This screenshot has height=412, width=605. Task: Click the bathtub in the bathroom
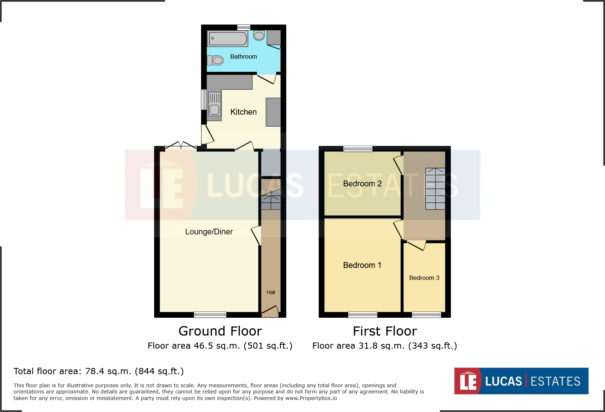point(228,39)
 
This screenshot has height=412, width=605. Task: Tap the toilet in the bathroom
point(215,60)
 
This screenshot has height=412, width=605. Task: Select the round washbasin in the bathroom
point(259,36)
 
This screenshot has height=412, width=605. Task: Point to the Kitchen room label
point(243,112)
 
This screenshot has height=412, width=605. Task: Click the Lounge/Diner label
point(209,232)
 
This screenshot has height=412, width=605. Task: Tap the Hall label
point(271,292)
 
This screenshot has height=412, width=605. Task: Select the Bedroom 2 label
point(362,183)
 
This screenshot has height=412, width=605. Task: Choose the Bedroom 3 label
point(424,278)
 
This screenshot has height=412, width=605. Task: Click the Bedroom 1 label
point(362,265)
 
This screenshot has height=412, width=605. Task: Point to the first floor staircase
point(435,189)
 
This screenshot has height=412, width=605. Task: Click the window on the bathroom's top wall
point(244,27)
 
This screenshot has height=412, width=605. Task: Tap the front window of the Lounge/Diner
point(210,314)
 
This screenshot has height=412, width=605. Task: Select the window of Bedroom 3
point(426,314)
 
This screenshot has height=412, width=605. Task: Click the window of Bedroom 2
point(358,149)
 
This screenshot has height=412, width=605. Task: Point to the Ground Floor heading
point(220,331)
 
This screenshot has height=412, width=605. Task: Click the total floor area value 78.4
point(95,371)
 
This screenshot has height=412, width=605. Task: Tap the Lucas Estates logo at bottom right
point(521,381)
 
